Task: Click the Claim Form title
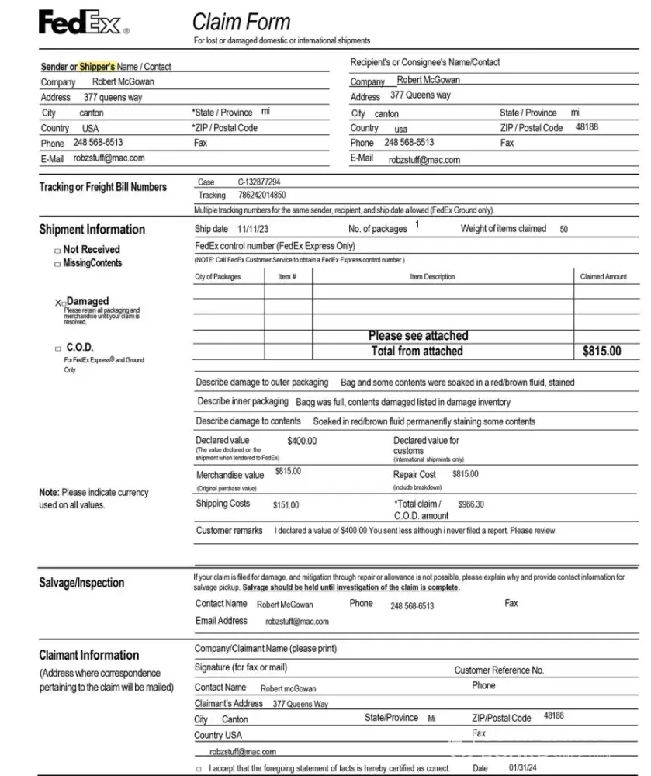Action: point(241,22)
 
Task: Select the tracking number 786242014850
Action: point(261,196)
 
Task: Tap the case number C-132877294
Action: point(259,182)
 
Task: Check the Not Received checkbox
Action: point(57,250)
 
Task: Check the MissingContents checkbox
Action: point(57,264)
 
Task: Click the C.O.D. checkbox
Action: point(57,348)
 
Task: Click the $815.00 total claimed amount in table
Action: point(601,352)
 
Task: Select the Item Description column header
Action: point(432,277)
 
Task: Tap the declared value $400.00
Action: point(302,442)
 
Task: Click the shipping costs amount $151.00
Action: point(286,505)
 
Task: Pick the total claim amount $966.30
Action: point(470,504)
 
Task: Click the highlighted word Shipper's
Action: point(97,67)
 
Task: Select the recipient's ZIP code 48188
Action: point(587,126)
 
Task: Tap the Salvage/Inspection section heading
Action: point(81,583)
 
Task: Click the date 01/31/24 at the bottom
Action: point(522,768)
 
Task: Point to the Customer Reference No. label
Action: point(499,670)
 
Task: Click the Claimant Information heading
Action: point(89,655)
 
